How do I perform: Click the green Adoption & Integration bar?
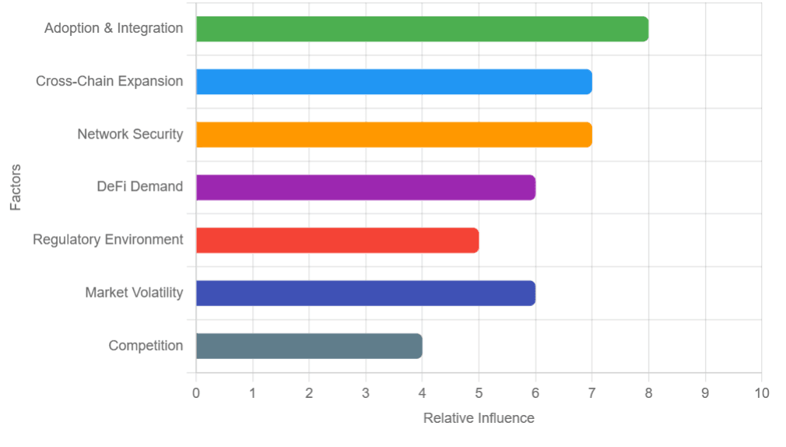coord(422,29)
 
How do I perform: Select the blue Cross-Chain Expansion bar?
coord(394,82)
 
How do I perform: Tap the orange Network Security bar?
coord(394,135)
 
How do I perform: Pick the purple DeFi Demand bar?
coord(366,187)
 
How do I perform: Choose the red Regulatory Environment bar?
coord(337,240)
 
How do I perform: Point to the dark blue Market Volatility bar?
coord(366,293)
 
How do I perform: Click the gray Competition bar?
coord(309,346)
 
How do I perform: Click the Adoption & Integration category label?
coord(114,29)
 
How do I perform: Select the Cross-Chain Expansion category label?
coord(110,82)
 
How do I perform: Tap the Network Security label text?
coord(130,135)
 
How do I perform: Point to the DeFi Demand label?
coord(140,187)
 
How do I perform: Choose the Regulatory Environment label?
coord(108,240)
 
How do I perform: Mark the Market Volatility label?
coord(134,293)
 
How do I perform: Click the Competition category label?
coord(146,346)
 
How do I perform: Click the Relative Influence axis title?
coord(479,418)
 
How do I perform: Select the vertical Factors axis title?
coord(16,187)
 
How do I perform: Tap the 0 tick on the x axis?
coord(196,393)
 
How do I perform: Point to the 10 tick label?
coord(761,393)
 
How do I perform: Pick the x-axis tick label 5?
coord(479,393)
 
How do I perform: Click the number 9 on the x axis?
coord(705,393)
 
